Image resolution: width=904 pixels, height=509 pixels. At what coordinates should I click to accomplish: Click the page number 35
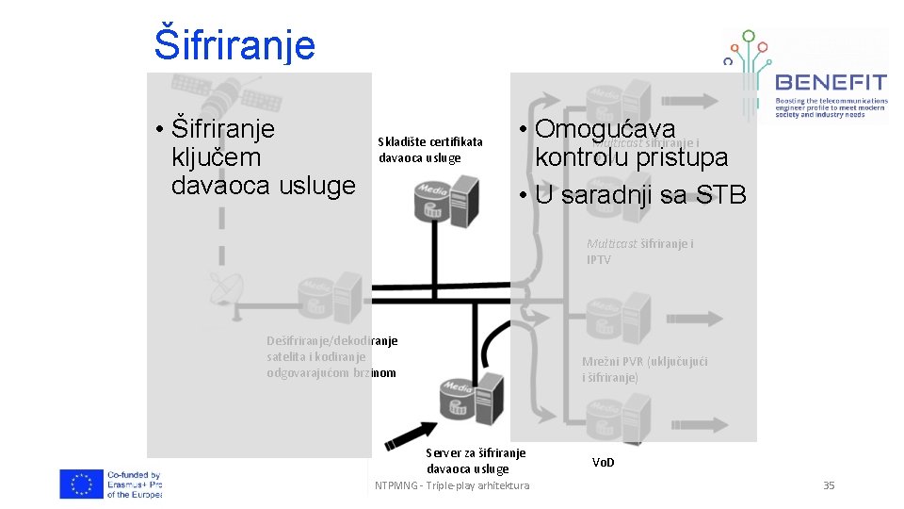[x=829, y=485]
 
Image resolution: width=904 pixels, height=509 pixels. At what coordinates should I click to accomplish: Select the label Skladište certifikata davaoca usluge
[x=429, y=150]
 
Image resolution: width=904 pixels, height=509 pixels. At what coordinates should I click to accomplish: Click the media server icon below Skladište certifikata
[x=442, y=202]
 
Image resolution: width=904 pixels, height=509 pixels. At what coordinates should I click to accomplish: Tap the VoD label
[x=604, y=463]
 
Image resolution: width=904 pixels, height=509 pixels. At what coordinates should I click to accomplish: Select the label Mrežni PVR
[x=644, y=369]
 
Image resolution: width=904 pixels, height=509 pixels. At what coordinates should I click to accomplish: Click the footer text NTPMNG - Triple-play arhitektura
[x=452, y=485]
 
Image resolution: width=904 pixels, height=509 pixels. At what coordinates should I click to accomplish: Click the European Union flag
[x=81, y=484]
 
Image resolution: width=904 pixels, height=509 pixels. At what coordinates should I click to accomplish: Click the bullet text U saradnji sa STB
[x=639, y=195]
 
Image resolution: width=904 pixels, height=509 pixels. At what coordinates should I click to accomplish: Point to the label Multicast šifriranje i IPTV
[x=639, y=252]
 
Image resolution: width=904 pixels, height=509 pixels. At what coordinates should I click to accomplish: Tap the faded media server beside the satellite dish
[x=329, y=296]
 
